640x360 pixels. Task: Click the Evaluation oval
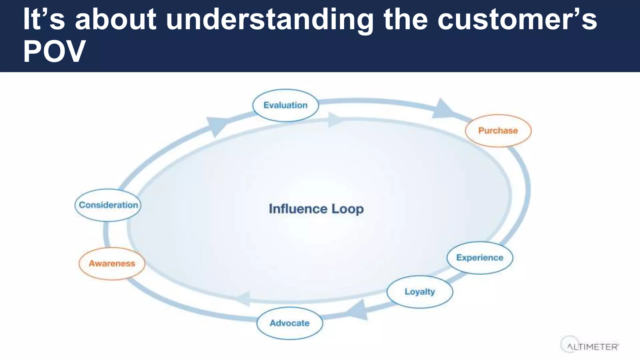(x=285, y=105)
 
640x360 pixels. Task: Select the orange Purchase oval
(x=498, y=131)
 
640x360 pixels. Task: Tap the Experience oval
(x=480, y=258)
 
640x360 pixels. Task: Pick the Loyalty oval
(x=420, y=292)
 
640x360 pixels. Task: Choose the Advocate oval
(x=290, y=323)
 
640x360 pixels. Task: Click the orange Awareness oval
(x=112, y=263)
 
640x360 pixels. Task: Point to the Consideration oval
(x=108, y=205)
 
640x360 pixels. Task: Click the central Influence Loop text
(x=316, y=209)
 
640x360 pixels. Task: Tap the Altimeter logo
(x=589, y=345)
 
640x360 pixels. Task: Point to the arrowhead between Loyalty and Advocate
(x=358, y=310)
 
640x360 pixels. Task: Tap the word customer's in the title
(x=517, y=19)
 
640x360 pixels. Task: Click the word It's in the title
(x=44, y=19)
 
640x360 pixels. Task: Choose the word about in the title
(x=116, y=19)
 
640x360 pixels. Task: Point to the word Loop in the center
(x=347, y=209)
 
